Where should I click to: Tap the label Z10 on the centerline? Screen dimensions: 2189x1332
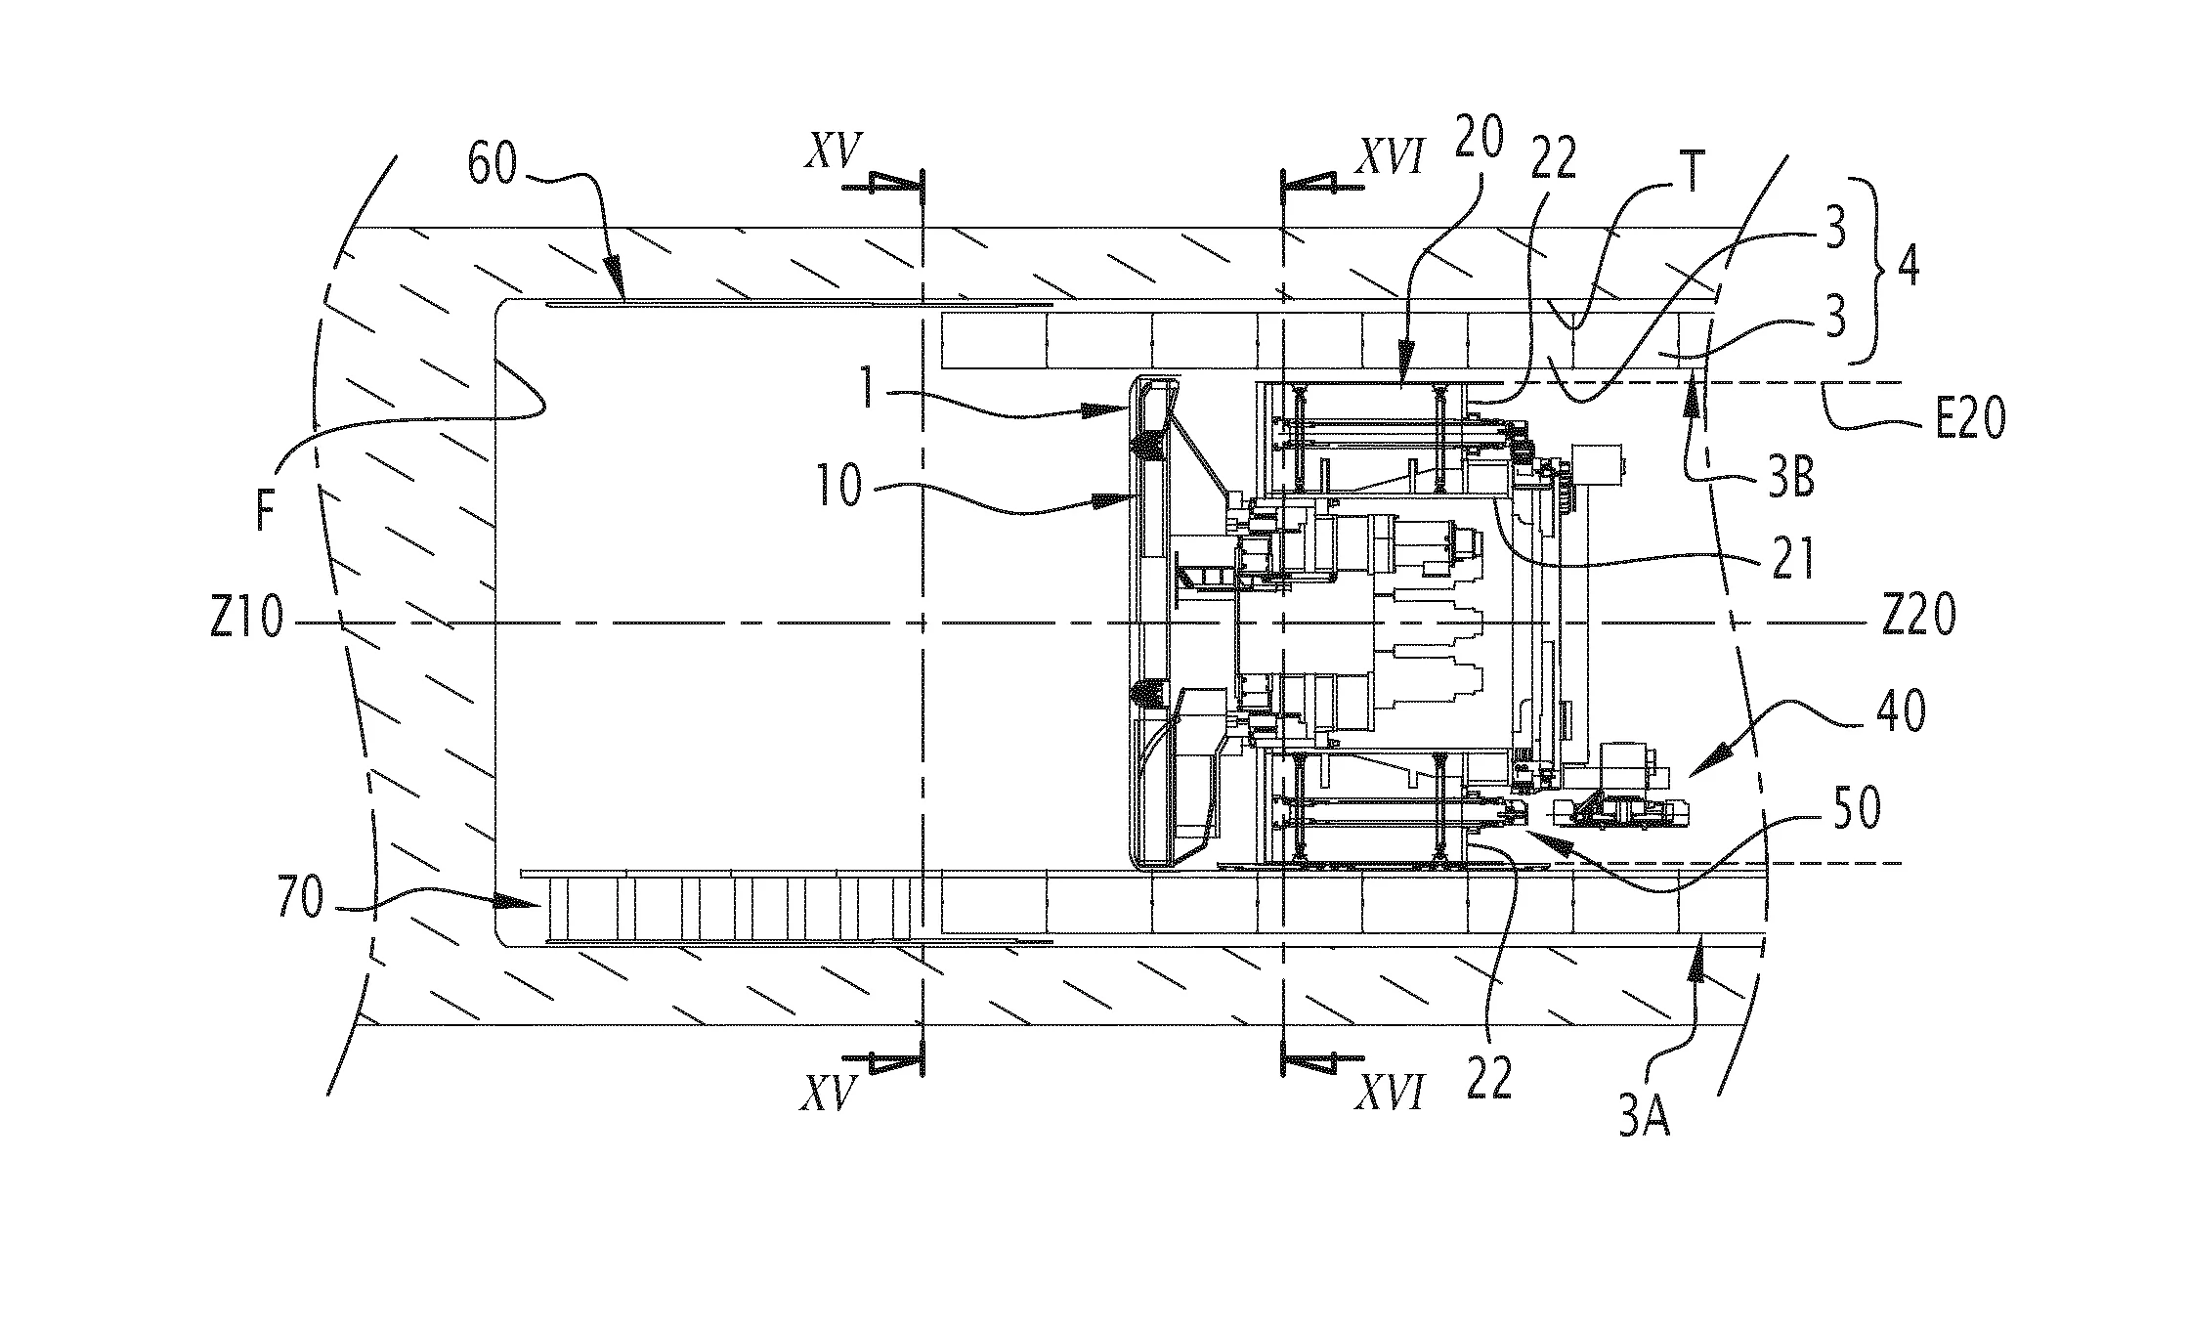247,621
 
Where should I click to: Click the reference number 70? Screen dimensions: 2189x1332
299,899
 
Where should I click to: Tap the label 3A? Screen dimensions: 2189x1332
1645,1117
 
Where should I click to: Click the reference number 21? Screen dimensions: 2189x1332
1792,561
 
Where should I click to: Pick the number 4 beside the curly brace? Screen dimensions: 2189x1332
1907,267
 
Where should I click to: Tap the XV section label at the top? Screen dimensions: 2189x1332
833,153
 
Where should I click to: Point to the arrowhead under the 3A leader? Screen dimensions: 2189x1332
1699,945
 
